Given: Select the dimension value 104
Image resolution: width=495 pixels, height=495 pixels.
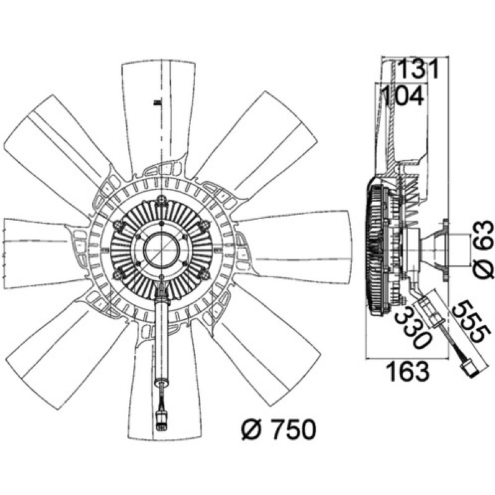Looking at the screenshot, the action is [402, 96].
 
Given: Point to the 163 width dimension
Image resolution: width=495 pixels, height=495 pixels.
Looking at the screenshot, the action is [408, 372].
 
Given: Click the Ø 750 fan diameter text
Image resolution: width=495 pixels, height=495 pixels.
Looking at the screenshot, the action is [278, 429].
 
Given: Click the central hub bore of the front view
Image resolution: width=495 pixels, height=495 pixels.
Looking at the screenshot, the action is [161, 249].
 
